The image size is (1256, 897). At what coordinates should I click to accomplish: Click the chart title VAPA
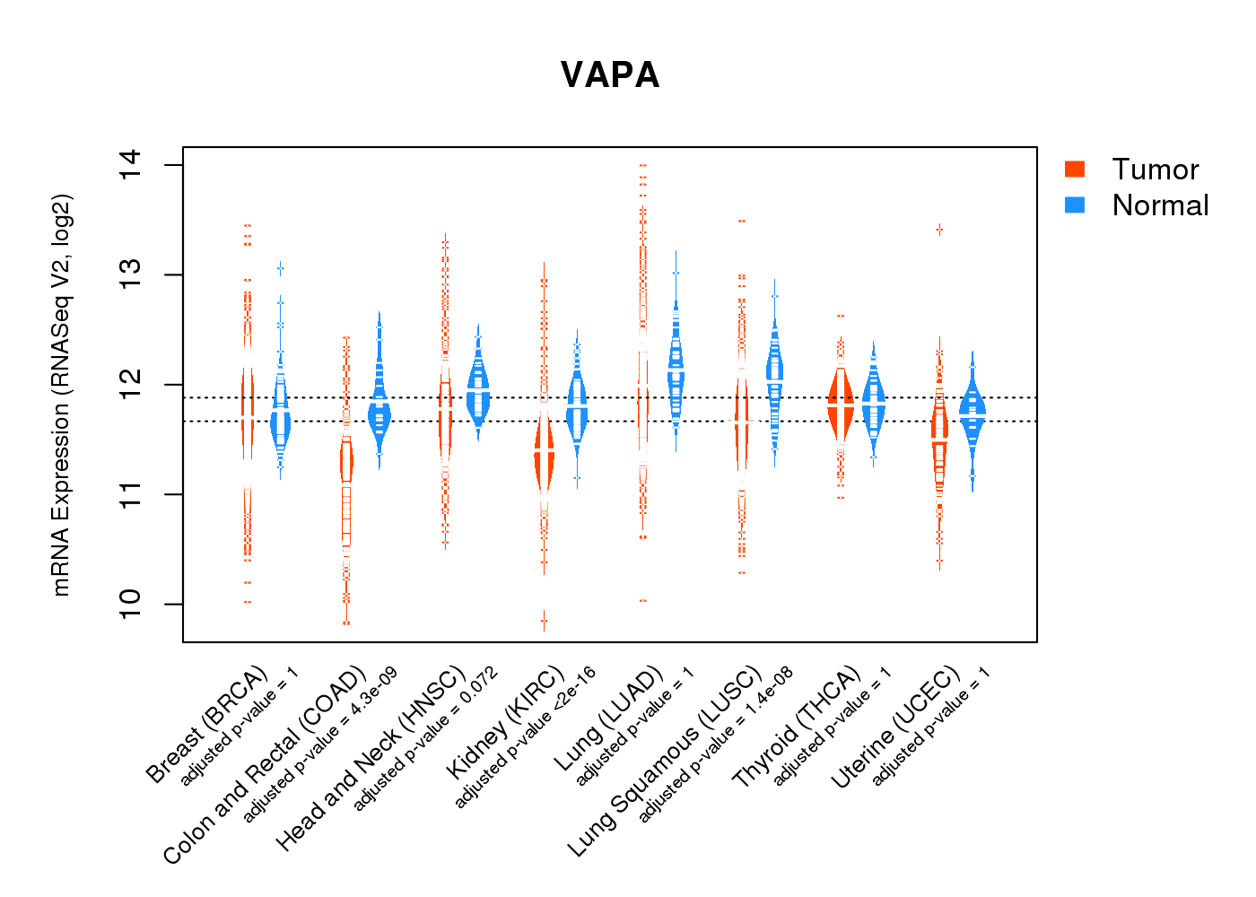(x=610, y=75)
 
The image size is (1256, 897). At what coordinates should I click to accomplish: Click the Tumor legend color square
(x=1074, y=169)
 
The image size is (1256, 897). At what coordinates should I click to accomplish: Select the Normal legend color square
(x=1074, y=205)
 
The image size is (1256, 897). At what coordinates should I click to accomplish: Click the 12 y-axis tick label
(x=131, y=385)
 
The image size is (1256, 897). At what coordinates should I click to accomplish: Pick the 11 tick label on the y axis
(x=131, y=494)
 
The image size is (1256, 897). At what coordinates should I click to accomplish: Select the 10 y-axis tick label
(x=131, y=604)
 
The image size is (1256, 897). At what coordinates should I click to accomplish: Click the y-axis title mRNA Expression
(x=61, y=395)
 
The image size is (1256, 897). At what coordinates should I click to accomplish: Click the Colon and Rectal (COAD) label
(x=266, y=764)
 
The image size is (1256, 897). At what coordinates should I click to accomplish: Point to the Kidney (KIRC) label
(x=506, y=722)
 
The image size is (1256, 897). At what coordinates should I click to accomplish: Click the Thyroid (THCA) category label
(x=797, y=727)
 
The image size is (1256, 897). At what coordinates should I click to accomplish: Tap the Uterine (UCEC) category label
(x=895, y=728)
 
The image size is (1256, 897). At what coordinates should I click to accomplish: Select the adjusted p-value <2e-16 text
(x=526, y=737)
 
